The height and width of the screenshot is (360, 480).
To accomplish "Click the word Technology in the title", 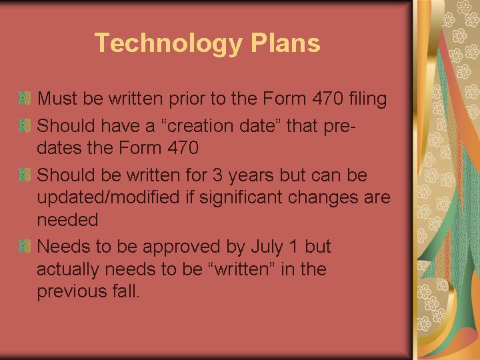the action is pyautogui.click(x=169, y=44).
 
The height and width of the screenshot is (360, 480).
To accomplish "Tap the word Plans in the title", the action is pyautogui.click(x=285, y=43).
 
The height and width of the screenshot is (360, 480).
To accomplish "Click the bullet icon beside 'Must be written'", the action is pyautogui.click(x=25, y=98).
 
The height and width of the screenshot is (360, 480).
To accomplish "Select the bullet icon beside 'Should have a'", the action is pyautogui.click(x=25, y=125).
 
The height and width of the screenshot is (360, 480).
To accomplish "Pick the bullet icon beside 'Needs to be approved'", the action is pyautogui.click(x=25, y=246).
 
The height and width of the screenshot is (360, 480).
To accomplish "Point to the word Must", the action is pyautogui.click(x=57, y=99).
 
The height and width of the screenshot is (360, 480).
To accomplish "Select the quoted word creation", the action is pyautogui.click(x=201, y=126).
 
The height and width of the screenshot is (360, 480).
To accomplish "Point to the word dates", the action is pyautogui.click(x=59, y=147).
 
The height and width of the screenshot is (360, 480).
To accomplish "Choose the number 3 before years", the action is pyautogui.click(x=217, y=175).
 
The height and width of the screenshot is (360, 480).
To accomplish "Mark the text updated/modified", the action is pyautogui.click(x=108, y=197).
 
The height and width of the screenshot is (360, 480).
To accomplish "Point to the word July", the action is pyautogui.click(x=267, y=247).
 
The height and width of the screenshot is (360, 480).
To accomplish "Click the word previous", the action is pyautogui.click(x=71, y=292).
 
